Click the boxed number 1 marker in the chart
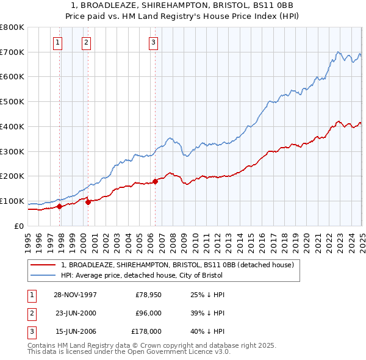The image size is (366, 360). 57,42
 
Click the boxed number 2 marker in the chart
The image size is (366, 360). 86,42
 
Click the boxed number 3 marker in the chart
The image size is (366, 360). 152,42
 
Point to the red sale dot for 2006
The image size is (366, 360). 155,181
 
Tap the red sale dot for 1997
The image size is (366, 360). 60,206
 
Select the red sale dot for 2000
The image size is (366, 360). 88,202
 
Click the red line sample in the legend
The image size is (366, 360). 43,265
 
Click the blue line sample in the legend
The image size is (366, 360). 43,275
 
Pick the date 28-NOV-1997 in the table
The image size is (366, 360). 75,295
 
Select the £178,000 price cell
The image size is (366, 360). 146,332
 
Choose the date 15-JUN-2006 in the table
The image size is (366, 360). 75,332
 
